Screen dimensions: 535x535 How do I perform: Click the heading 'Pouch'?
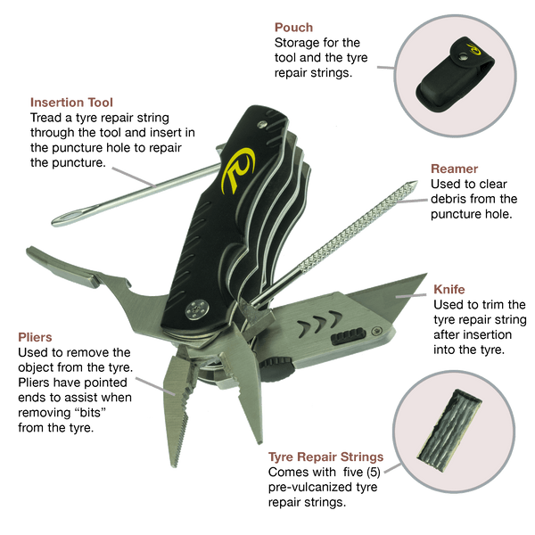pyautogui.click(x=293, y=28)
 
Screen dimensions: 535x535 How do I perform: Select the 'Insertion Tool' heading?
pyautogui.click(x=71, y=103)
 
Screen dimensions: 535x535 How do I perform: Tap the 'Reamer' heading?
pyautogui.click(x=454, y=169)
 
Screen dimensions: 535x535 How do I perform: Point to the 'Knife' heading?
pyautogui.click(x=449, y=289)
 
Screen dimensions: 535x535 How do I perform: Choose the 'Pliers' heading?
pyautogui.click(x=35, y=337)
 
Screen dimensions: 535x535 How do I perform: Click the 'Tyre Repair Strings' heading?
pyautogui.click(x=325, y=457)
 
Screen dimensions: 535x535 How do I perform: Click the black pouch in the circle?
pyautogui.click(x=455, y=74)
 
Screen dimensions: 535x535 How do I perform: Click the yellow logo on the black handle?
pyautogui.click(x=238, y=169)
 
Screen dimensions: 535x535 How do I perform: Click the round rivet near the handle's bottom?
pyautogui.click(x=196, y=309)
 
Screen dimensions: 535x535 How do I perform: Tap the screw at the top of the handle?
pyautogui.click(x=261, y=125)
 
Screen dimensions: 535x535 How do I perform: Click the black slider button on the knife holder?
pyautogui.click(x=348, y=336)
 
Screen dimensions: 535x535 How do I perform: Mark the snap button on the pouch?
pyautogui.click(x=463, y=57)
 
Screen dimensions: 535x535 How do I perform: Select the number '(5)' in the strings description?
pyautogui.click(x=374, y=472)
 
